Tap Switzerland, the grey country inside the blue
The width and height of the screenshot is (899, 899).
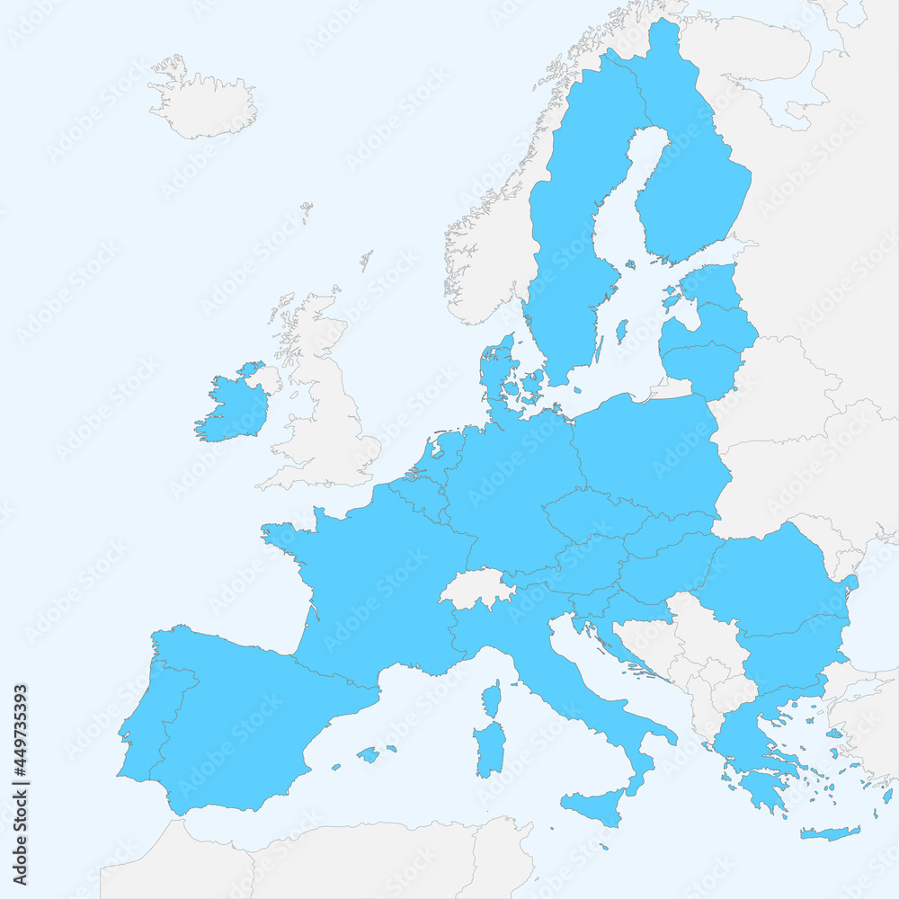coord(476,589)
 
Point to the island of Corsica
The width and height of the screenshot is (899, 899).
coord(492,699)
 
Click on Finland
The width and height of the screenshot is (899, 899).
coord(692,180)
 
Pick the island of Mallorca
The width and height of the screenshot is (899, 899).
coord(368,754)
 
